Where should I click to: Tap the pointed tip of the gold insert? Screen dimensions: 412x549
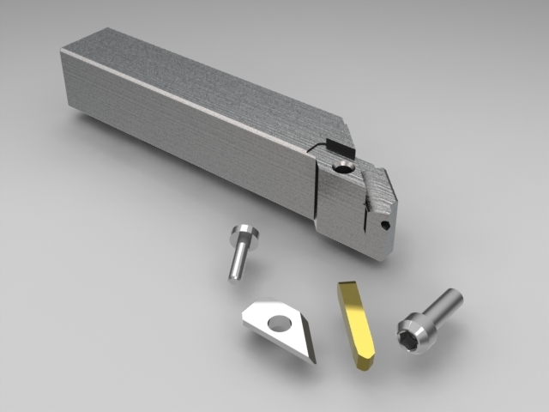pos(364,366)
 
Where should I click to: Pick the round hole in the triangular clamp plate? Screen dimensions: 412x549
pos(279,324)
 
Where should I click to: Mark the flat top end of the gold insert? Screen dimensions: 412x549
pos(348,285)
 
